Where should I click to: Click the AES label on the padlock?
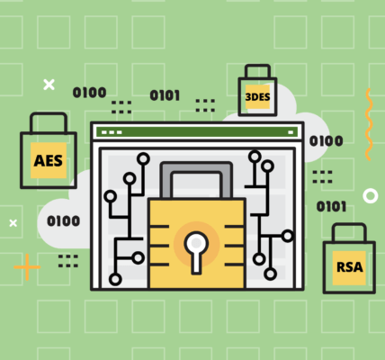point(49,160)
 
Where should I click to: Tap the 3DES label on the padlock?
point(257,97)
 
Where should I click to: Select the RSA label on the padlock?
point(350,267)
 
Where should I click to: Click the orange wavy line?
point(369,124)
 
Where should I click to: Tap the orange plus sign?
point(27,267)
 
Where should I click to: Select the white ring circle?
point(371,196)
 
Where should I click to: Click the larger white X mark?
point(49,85)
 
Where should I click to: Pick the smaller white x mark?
point(13,223)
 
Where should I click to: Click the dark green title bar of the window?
point(197,132)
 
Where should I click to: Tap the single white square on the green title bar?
point(291,132)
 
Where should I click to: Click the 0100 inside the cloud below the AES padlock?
point(64,221)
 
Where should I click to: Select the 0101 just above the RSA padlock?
point(331,206)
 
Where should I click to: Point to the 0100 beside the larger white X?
point(89,93)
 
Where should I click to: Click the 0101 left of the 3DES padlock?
point(165,95)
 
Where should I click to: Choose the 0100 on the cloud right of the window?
point(326,141)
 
